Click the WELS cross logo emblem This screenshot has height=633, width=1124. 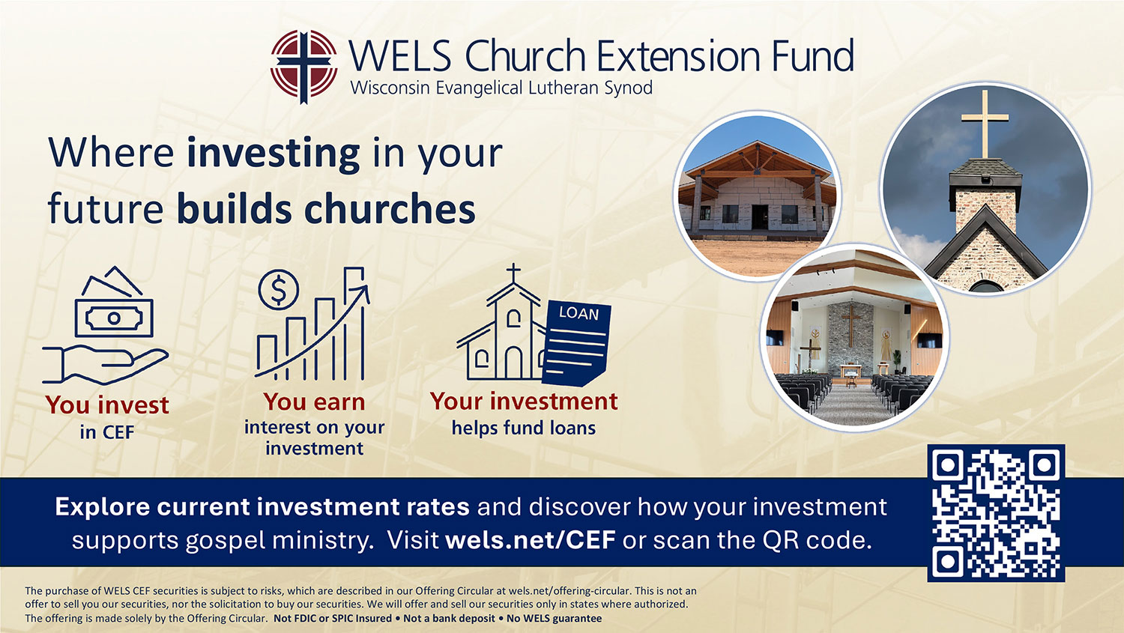[303, 66]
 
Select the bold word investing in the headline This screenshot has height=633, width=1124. [274, 153]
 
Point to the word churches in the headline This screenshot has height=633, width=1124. [390, 209]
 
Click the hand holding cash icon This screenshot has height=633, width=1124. [106, 325]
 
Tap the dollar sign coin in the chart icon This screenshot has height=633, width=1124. [279, 290]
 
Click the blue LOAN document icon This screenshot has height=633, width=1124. [577, 343]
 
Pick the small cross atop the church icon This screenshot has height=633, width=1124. [513, 273]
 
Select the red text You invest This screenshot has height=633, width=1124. [107, 405]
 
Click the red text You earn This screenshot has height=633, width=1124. [314, 402]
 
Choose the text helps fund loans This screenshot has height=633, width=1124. [523, 428]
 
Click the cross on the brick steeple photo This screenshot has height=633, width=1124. [985, 124]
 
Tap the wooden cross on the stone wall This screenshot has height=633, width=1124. [851, 325]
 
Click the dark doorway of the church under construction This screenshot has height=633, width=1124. [760, 216]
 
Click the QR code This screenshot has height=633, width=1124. [996, 513]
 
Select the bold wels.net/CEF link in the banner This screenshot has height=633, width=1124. [531, 539]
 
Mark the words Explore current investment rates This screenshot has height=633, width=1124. [262, 506]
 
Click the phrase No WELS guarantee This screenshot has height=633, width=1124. [554, 619]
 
